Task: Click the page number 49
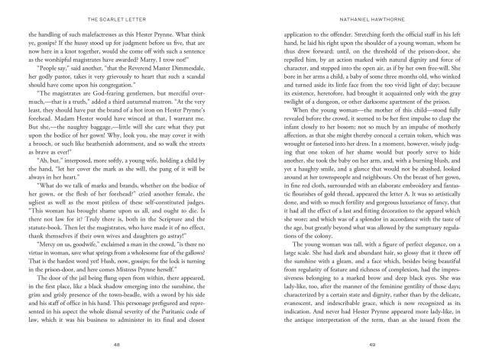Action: point(370,345)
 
